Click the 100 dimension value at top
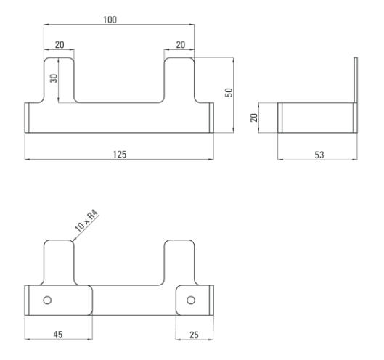pyautogui.click(x=110, y=20)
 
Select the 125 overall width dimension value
pyautogui.click(x=120, y=155)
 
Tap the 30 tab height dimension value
pyautogui.click(x=54, y=78)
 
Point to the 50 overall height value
pyautogui.click(x=229, y=93)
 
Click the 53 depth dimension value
pyautogui.click(x=319, y=155)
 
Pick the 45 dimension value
pyautogui.click(x=58, y=335)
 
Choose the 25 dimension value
pyautogui.click(x=194, y=335)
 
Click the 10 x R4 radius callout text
pyautogui.click(x=86, y=221)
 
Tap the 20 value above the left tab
pyautogui.click(x=60, y=45)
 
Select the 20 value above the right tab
pyautogui.click(x=181, y=45)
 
